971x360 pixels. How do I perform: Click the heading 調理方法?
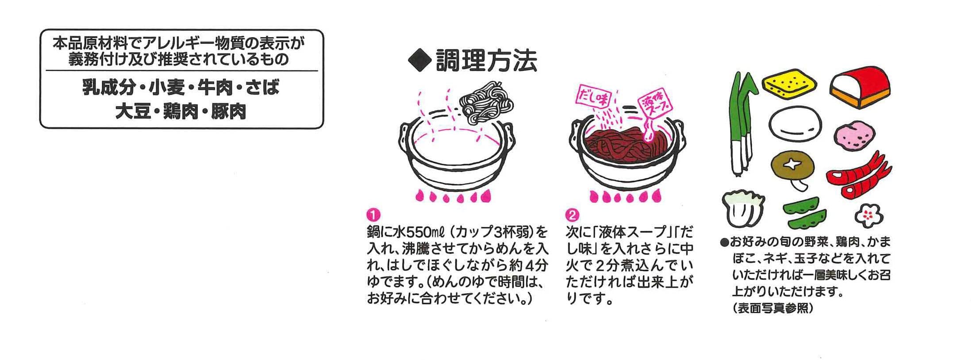point(486,61)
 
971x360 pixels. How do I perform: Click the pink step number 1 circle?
point(373,215)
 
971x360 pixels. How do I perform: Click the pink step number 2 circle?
point(572,215)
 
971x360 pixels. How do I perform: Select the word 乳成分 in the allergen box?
point(108,88)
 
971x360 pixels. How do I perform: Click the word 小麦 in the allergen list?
point(166,88)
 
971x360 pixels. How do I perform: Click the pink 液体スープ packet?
point(654,105)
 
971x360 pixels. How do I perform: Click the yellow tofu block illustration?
point(789,85)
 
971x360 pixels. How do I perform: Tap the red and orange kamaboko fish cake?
point(859,86)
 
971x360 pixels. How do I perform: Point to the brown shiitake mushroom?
point(793,168)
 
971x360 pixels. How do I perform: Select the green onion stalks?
point(743,124)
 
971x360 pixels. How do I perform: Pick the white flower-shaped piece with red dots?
point(868,216)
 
